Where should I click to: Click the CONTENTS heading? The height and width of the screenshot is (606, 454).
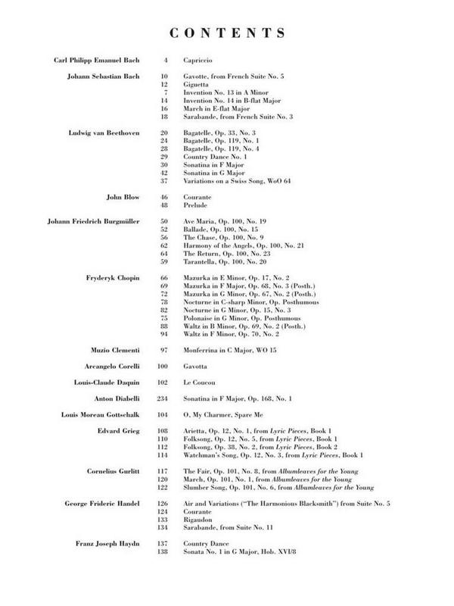tap(226, 33)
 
